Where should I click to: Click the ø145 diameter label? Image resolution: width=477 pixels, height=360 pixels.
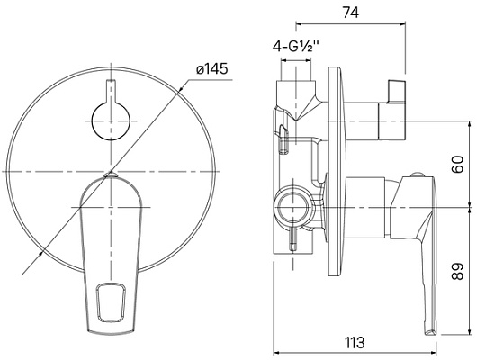pyautogui.click(x=212, y=68)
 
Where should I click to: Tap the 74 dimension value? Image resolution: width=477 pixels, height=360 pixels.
pyautogui.click(x=351, y=13)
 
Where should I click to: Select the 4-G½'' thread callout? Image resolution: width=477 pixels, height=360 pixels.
pyautogui.click(x=296, y=46)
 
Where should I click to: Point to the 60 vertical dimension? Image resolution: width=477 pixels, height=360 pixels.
pyautogui.click(x=457, y=165)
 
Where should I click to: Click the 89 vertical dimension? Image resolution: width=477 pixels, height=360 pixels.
pyautogui.click(x=457, y=271)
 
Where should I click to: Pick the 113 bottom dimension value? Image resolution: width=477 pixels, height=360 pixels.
pyautogui.click(x=355, y=343)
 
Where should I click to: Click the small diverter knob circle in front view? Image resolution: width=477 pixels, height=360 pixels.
pyautogui.click(x=111, y=121)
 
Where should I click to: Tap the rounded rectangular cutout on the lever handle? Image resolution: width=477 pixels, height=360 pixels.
pyautogui.click(x=111, y=302)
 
